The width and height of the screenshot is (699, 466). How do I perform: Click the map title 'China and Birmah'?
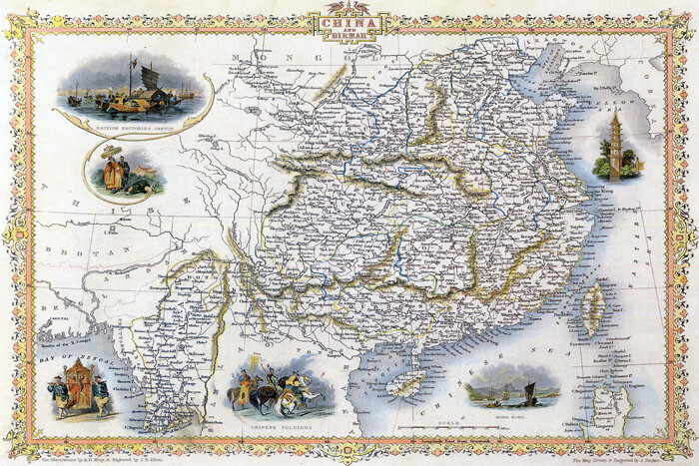349,23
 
